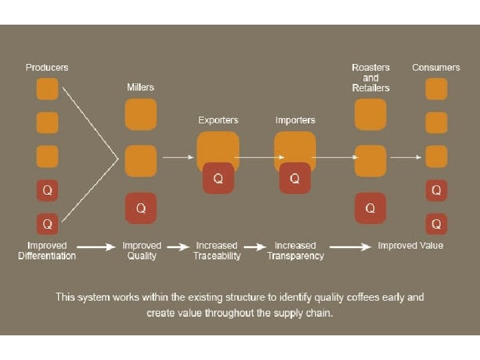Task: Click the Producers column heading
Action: click(x=47, y=67)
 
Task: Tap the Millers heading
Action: click(x=141, y=87)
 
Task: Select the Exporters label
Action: click(x=218, y=121)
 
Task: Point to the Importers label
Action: click(x=295, y=121)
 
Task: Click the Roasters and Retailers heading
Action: click(x=371, y=77)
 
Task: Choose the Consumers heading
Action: click(x=436, y=67)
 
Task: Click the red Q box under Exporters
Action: click(x=218, y=178)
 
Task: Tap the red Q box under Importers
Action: click(x=295, y=178)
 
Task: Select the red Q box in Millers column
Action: click(x=141, y=208)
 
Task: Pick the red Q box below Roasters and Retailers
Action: click(x=371, y=208)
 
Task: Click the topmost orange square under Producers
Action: click(x=47, y=89)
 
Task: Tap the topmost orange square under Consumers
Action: click(x=436, y=89)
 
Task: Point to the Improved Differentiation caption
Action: click(x=47, y=251)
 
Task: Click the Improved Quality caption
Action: click(x=141, y=251)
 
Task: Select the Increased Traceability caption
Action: click(x=217, y=251)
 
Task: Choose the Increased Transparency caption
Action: click(x=295, y=251)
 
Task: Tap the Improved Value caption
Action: click(x=410, y=246)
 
